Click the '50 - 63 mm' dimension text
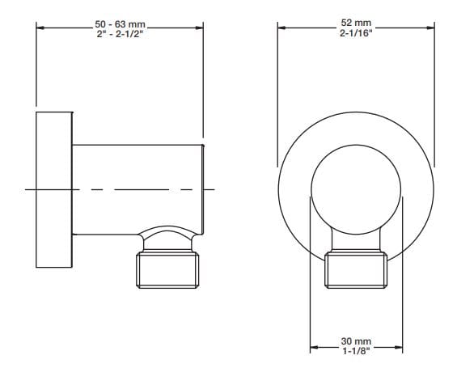tap(119, 24)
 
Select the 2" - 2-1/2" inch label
tap(119, 34)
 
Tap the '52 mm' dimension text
tap(356, 23)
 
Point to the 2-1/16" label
tap(356, 32)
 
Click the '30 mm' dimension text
tap(356, 342)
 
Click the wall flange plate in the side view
tap(54, 189)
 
